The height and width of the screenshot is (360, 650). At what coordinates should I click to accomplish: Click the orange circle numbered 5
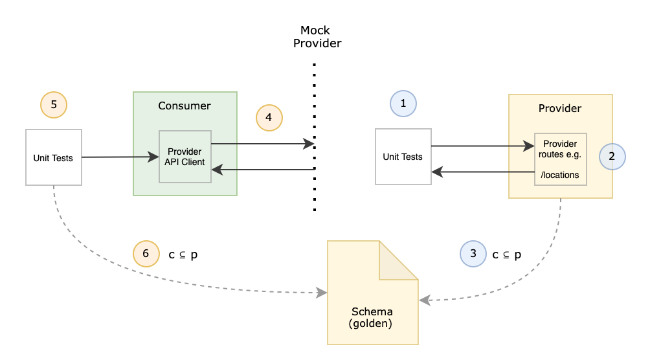[54, 104]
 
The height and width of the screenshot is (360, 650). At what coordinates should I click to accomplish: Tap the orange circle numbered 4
[269, 117]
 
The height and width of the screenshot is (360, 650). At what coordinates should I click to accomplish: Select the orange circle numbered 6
[146, 254]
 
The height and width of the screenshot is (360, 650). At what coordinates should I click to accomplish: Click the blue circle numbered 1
[403, 103]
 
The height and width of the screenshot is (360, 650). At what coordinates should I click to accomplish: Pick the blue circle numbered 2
[612, 156]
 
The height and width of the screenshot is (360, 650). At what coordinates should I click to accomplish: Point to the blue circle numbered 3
[473, 254]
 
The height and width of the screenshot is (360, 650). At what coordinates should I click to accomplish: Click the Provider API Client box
[185, 156]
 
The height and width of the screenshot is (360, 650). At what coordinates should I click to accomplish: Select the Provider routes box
[560, 159]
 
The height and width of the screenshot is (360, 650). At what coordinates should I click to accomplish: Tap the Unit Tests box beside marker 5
[54, 157]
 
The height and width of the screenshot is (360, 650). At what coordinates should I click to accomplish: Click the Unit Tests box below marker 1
[403, 157]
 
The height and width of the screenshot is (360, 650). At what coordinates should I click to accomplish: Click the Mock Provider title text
[316, 37]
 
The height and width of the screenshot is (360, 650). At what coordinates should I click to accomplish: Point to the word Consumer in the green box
[185, 106]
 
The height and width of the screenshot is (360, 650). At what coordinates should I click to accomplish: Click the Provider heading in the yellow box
[560, 108]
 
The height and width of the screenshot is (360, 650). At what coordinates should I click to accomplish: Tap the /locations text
[560, 175]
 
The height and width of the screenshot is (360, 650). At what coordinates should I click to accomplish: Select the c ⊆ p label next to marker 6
[183, 254]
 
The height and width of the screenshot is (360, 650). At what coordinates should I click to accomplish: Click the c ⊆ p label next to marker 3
[507, 254]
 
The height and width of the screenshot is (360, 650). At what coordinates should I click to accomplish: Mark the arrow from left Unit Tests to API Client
[120, 157]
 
